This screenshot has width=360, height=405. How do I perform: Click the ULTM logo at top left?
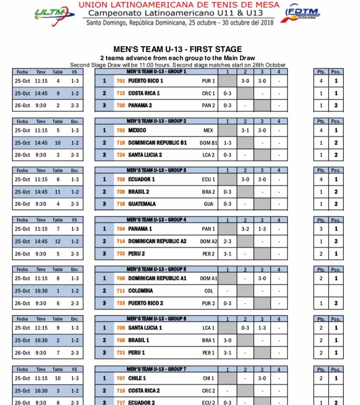54,14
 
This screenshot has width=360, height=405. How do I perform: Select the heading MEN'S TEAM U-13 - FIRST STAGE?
178,49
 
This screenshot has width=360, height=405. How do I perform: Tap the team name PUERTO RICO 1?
146,81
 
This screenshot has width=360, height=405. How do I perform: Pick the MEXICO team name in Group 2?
137,130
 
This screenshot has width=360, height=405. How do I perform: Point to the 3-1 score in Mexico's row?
245,130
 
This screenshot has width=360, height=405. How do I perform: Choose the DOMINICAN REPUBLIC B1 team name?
157,143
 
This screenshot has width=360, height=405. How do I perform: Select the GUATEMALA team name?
142,204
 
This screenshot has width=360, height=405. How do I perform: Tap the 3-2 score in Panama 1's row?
245,229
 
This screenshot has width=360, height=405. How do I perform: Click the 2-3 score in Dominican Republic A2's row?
228,242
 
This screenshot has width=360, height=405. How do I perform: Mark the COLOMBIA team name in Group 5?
141,291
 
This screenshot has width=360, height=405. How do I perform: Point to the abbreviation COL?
208,291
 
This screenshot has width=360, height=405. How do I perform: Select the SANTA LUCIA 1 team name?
145,328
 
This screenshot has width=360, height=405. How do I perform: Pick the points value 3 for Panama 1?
321,229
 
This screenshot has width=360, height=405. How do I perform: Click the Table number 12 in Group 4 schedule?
58,242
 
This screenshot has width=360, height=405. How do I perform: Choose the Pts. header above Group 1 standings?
321,72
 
